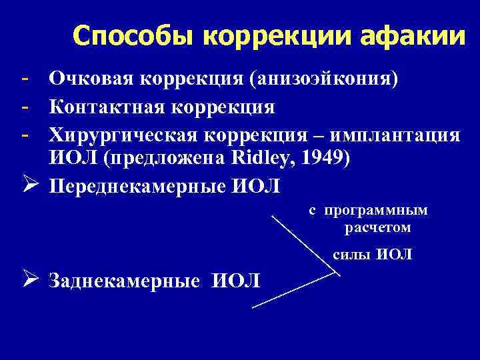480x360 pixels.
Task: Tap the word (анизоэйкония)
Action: pos(325,80)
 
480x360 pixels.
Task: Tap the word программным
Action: pos(377,211)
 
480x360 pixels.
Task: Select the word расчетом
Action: pos(377,228)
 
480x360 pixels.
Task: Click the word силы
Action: pos(348,254)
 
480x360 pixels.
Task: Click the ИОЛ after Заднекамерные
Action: pos(237,281)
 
